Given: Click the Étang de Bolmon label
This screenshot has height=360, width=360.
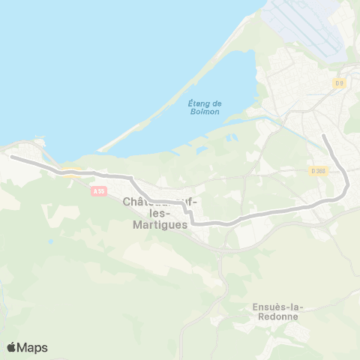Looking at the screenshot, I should click(x=204, y=107).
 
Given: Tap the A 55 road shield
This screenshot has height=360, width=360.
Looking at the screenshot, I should click(x=98, y=191).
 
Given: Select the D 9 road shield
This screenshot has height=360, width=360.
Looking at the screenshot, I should click(x=340, y=83).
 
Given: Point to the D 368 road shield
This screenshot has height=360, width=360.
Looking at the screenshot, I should click(x=318, y=171).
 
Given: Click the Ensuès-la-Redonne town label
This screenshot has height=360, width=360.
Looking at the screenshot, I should click(x=276, y=311).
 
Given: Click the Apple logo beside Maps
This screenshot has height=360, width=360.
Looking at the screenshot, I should click(x=12, y=347).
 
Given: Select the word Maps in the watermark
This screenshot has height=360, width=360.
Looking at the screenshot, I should click(x=33, y=347).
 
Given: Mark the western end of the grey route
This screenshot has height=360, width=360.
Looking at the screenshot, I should click(x=11, y=157).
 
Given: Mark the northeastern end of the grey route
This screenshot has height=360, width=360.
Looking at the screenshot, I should click(x=323, y=136).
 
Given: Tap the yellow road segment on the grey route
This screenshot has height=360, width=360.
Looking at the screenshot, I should click(x=71, y=172).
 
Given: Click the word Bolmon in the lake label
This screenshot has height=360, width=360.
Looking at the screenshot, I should click(x=204, y=112).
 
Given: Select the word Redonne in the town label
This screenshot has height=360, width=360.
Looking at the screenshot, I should click(x=276, y=316).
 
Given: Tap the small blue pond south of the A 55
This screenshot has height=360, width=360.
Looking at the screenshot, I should click(x=50, y=241).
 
